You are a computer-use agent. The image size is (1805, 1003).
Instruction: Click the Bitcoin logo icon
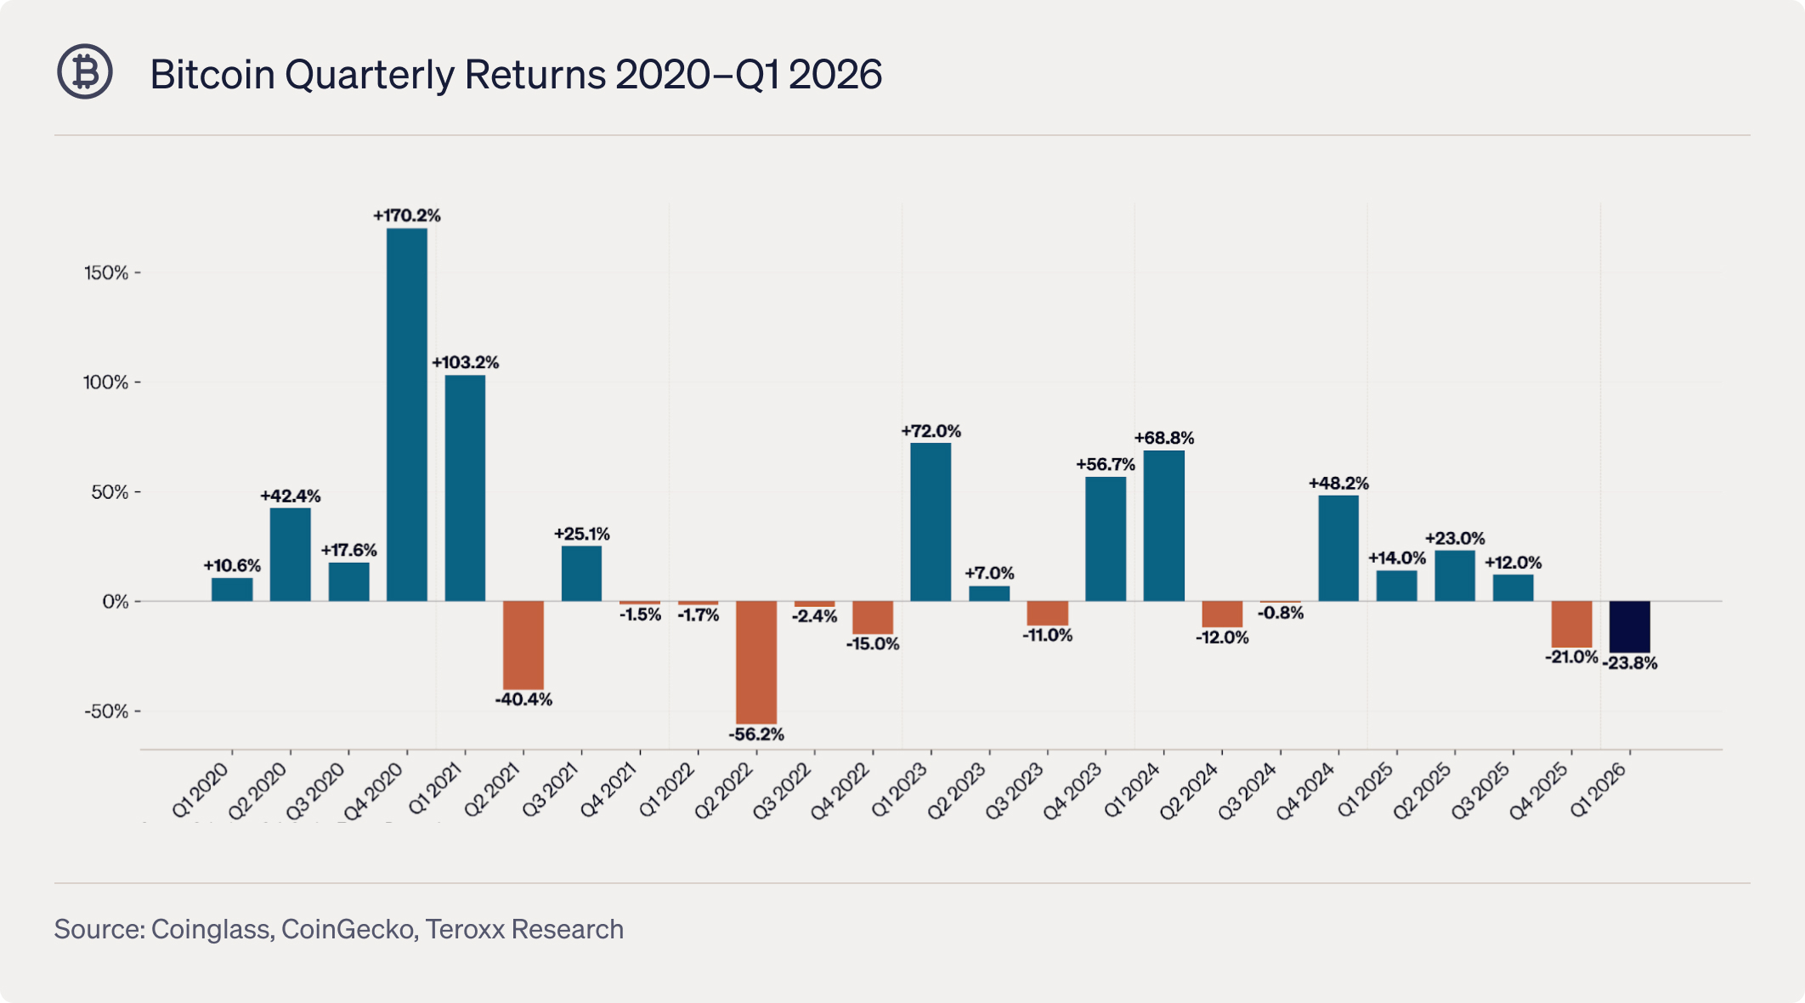[x=85, y=72]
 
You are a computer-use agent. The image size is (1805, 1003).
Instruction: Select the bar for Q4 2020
[x=407, y=415]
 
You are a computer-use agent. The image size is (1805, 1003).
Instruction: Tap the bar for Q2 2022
[x=756, y=663]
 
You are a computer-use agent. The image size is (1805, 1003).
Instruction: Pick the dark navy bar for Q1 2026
[x=1630, y=627]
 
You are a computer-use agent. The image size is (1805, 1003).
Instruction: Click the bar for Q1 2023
[x=931, y=522]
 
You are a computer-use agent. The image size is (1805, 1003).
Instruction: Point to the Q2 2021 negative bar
[x=523, y=645]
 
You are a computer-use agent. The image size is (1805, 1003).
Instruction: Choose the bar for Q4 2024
[x=1338, y=548]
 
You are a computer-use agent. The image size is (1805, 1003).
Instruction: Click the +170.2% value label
[x=407, y=216]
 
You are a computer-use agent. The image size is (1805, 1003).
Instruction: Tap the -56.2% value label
[x=756, y=734]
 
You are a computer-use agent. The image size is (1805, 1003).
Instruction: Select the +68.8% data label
[x=1164, y=439]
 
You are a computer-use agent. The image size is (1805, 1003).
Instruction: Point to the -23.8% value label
[x=1630, y=664]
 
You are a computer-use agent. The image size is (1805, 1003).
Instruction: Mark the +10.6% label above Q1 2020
[x=232, y=566]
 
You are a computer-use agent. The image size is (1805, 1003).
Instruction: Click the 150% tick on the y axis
[x=106, y=273]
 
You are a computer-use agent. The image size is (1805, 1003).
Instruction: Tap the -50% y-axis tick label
[x=106, y=711]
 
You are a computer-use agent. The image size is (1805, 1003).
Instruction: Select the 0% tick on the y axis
[x=116, y=602]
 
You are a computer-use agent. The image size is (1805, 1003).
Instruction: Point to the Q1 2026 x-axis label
[x=1598, y=790]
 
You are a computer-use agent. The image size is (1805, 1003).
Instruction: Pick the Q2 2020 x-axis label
[x=258, y=790]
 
